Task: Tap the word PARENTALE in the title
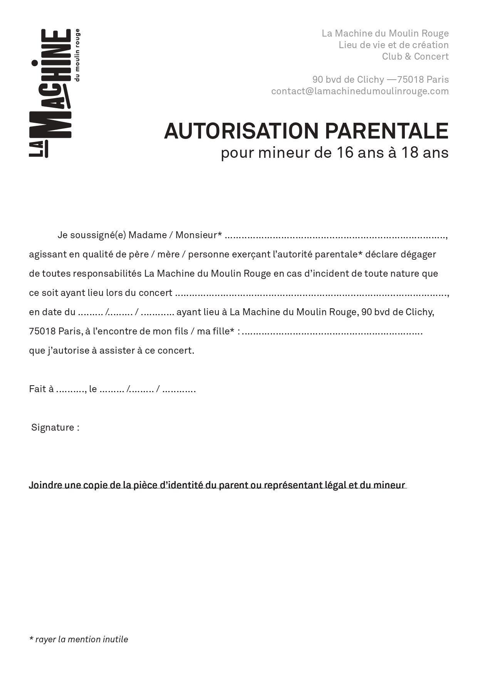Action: [387, 131]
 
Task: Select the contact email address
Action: [360, 91]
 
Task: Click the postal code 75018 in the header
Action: [411, 80]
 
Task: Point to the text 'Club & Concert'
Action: [415, 57]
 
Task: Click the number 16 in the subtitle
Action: [345, 153]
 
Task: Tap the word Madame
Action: [148, 235]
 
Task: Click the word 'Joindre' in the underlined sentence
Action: [45, 485]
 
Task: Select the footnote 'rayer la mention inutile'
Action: [81, 639]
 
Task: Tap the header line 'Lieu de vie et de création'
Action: [393, 45]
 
